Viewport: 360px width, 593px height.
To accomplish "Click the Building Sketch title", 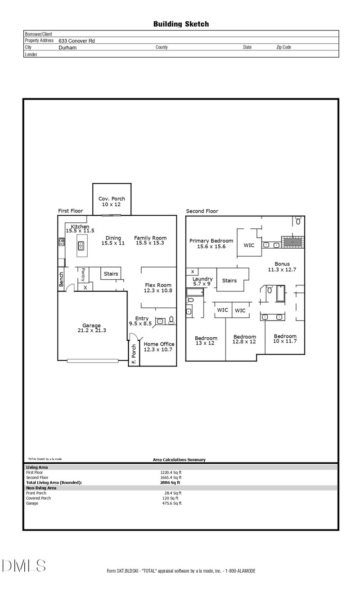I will (181, 24).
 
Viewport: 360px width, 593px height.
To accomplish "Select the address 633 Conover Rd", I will (76, 41).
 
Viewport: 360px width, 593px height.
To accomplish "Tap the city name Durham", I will (67, 47).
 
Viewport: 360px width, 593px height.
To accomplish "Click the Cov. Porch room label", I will (112, 199).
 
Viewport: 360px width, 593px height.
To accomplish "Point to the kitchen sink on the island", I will (81, 246).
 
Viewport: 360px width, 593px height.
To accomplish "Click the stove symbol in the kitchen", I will (61, 242).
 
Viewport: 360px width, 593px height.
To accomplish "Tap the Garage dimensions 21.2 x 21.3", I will (91, 330).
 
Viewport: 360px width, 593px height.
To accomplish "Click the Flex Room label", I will (158, 285).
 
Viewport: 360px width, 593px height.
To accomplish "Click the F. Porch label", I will (134, 353).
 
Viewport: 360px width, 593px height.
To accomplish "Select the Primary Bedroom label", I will (211, 241).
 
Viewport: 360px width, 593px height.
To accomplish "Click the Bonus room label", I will (282, 264).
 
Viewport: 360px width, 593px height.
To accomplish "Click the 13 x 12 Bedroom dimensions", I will (205, 343).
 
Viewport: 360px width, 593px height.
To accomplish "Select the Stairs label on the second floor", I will (229, 281).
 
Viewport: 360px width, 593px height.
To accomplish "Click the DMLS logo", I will (24, 566).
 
